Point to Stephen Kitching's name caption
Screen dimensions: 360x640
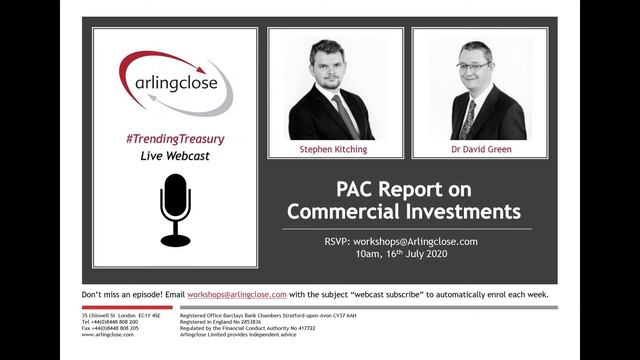pyautogui.click(x=335, y=148)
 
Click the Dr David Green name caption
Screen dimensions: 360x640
pyautogui.click(x=480, y=148)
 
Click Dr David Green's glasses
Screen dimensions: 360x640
pyautogui.click(x=473, y=65)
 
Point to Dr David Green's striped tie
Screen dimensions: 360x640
pyautogui.click(x=468, y=117)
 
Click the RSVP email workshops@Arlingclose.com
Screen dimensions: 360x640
pyautogui.click(x=419, y=241)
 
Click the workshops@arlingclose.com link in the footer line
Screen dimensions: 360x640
pyautogui.click(x=241, y=295)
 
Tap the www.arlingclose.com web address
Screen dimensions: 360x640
pyautogui.click(x=110, y=334)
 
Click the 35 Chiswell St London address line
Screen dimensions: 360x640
pyautogui.click(x=120, y=315)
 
